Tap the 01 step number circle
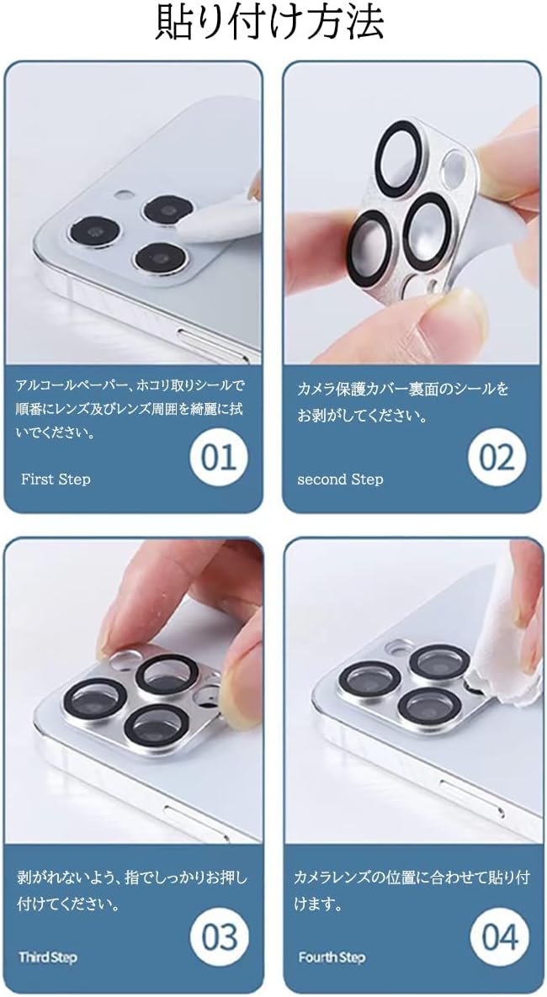219,457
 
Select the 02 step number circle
497,457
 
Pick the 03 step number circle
220,936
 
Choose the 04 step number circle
500,936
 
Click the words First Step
56,479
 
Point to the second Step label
340,479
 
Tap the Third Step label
48,957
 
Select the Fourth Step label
332,957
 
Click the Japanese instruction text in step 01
130,409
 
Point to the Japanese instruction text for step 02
403,402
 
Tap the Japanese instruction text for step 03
131,891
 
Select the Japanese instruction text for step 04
412,891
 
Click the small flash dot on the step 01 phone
125,195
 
